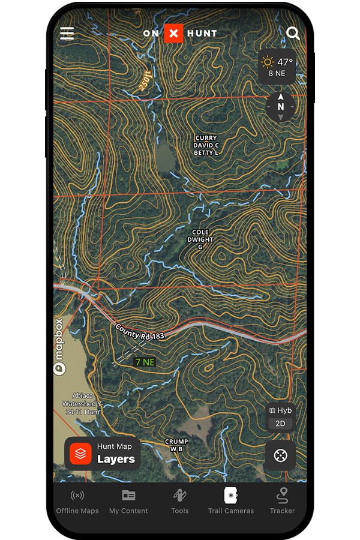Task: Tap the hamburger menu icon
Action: (67, 33)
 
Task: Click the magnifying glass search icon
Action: (293, 33)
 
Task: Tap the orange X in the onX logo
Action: (173, 34)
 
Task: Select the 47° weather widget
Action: (277, 67)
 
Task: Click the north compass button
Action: (280, 107)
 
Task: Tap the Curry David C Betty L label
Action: (206, 145)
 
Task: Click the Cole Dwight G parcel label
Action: (200, 239)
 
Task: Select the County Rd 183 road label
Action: (140, 332)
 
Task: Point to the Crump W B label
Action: (176, 445)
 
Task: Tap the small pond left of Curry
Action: (164, 157)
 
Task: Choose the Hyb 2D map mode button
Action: (280, 417)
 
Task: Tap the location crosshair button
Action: (280, 455)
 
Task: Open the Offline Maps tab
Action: (77, 502)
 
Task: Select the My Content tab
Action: (128, 502)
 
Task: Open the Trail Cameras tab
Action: (231, 502)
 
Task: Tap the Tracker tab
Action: (282, 502)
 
